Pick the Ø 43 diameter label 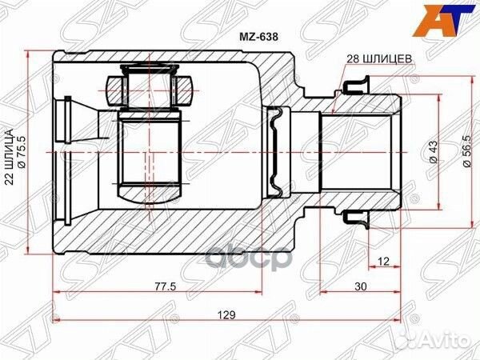coord(433,150)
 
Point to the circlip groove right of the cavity coord(276,152)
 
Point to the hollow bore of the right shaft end coord(360,152)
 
